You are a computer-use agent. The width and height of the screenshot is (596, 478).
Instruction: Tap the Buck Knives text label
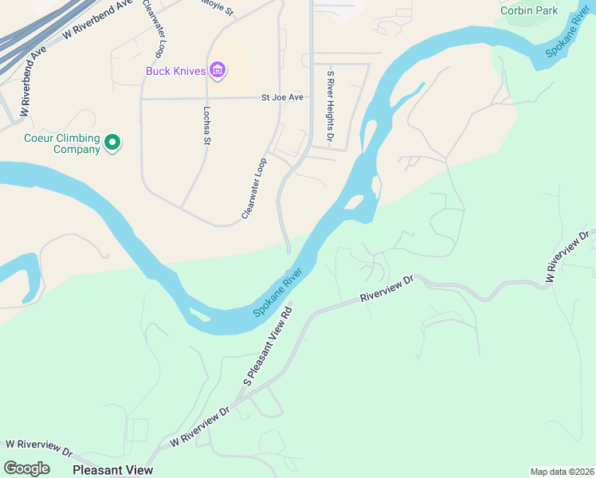point(176,71)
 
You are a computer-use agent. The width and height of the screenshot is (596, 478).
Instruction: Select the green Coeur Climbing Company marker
point(112,143)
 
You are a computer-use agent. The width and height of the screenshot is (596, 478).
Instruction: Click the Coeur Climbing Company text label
point(61,143)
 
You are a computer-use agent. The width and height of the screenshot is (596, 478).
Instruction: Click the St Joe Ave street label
point(283,97)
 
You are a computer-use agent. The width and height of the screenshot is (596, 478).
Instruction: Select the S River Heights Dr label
point(330,108)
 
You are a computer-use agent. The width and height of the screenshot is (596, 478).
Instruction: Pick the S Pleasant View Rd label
point(269,345)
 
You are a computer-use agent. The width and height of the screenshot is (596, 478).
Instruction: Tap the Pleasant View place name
point(112,470)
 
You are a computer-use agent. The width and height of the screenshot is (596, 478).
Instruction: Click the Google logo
point(26,468)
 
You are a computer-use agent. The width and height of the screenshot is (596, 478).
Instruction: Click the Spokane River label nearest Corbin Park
point(563,32)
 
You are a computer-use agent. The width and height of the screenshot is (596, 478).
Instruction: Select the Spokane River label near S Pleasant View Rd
point(280,294)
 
